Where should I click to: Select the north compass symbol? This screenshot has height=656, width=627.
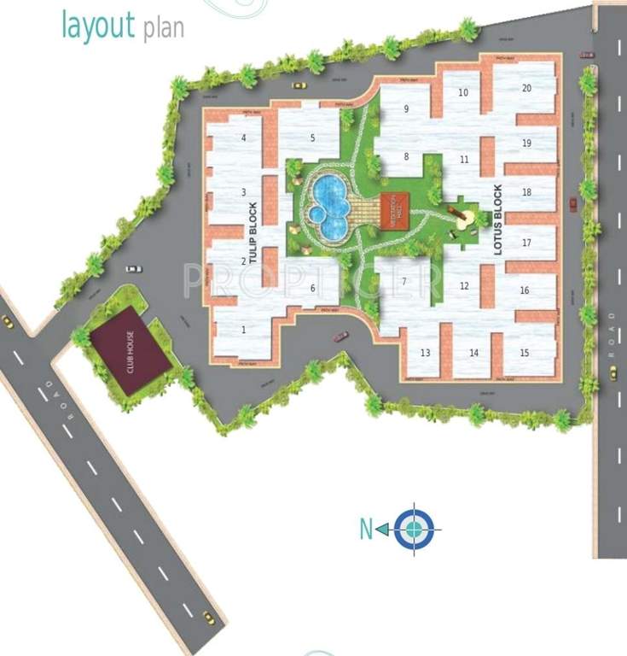pos(415,529)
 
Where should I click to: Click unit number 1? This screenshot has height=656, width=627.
pos(244,329)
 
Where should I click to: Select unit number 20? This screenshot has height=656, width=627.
pos(526,88)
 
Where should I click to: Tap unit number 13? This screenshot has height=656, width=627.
pos(424,353)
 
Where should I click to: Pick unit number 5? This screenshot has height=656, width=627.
pos(312,138)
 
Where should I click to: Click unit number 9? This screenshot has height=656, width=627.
pos(406,108)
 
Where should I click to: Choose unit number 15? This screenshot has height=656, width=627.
pos(524,353)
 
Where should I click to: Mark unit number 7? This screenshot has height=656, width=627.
pos(403,281)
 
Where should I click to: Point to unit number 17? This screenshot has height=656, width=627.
pos(526,243)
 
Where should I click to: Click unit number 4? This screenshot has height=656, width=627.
pos(244,138)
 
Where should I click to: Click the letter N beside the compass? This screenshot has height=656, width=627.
pos(366,530)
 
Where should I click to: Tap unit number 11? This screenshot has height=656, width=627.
pos(464,160)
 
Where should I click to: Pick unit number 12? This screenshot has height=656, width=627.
pos(464,286)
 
